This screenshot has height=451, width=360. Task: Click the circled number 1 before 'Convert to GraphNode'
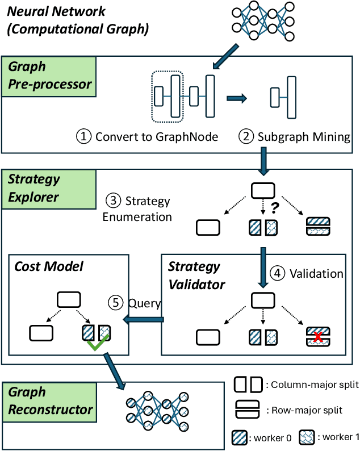pyautogui.click(x=84, y=136)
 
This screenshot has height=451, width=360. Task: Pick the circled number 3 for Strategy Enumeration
pyautogui.click(x=112, y=201)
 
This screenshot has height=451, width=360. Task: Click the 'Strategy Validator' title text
pyautogui.click(x=194, y=274)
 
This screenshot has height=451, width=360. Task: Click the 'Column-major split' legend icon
pyautogui.click(x=248, y=385)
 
